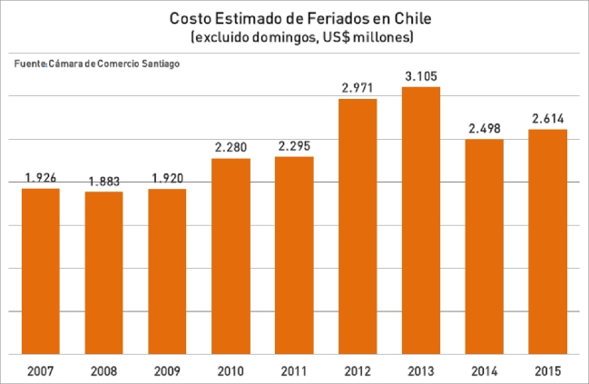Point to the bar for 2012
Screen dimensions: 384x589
pos(357,226)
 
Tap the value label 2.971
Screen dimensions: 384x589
pos(357,88)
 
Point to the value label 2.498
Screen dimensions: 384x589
pos(484,129)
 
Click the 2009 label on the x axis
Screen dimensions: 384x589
pos(167,371)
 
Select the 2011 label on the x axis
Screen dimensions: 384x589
pos(294,371)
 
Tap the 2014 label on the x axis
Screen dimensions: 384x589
pos(484,371)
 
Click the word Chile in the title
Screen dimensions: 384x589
pos(410,18)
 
